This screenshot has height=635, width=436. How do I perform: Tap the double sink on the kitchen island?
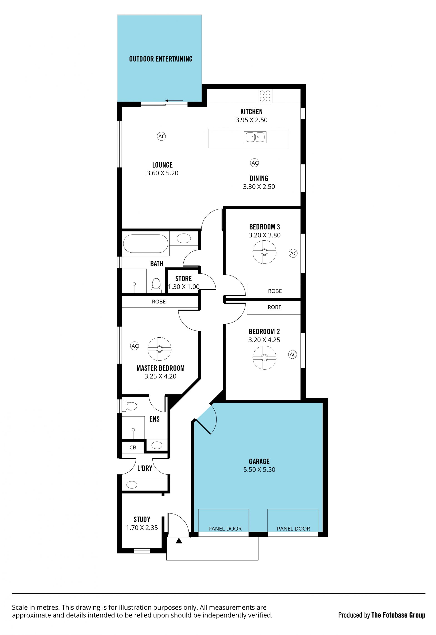point(255,137)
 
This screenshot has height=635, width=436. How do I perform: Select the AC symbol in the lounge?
point(162,136)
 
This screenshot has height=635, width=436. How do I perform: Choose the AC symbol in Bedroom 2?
point(292,355)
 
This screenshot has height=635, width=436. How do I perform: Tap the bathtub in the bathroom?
point(146,243)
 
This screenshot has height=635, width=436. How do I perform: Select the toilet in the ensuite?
point(129,406)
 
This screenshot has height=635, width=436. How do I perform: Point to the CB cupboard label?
point(133,448)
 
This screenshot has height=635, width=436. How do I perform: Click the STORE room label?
point(183,279)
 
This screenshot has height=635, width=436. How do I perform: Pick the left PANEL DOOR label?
point(225,529)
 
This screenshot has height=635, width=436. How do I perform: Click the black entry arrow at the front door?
point(179,541)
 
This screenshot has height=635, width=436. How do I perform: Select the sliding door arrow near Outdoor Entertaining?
point(174,101)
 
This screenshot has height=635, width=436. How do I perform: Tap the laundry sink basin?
point(132,485)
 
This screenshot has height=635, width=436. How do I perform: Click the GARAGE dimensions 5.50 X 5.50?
point(259,470)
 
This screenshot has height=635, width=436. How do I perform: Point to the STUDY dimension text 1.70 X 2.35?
point(142,528)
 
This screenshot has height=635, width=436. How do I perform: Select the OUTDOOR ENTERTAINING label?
point(161,59)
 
